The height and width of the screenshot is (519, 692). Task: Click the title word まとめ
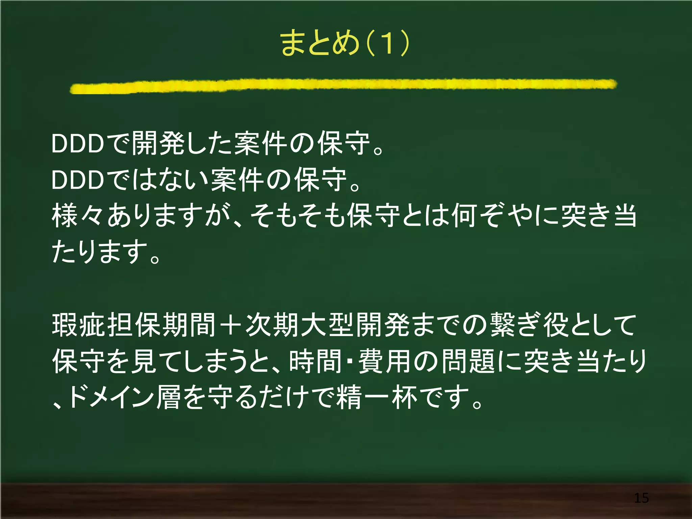coord(319,43)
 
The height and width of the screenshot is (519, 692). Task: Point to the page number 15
coord(641,498)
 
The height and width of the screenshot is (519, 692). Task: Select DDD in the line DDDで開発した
coord(78,144)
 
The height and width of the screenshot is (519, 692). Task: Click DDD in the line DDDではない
coord(78,180)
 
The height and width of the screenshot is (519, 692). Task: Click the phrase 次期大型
coord(300,325)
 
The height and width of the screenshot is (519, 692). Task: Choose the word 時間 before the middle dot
coord(315,361)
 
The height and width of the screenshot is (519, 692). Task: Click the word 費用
coord(385,361)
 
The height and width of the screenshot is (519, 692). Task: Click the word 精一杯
coord(378,397)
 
